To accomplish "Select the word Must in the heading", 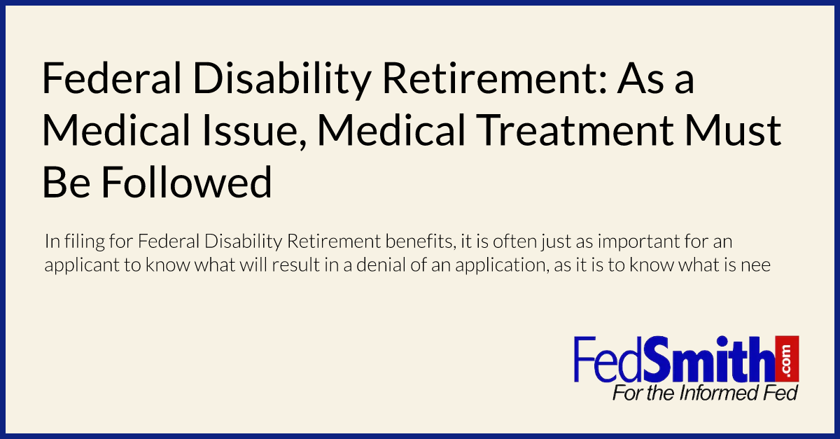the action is (x=734, y=130).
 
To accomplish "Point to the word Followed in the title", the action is (x=186, y=182).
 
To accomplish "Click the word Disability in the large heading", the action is (x=281, y=79).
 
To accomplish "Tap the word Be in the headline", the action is (x=66, y=182).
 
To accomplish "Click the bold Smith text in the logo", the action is (x=708, y=359).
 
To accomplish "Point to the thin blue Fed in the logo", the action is (x=608, y=359).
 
